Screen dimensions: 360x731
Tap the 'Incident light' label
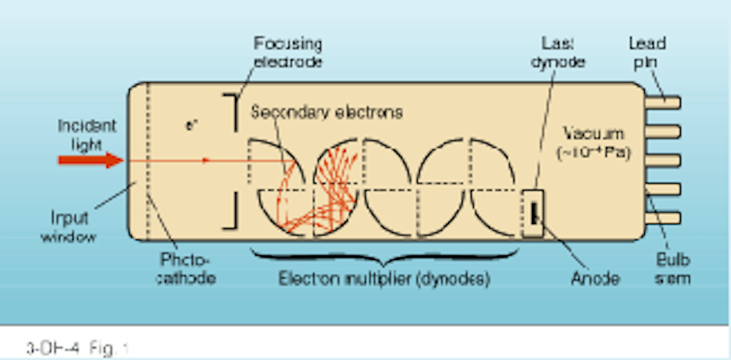point(87,135)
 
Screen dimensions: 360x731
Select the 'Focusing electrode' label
point(287,53)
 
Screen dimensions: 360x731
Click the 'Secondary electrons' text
point(326,112)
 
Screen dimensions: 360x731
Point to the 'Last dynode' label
point(562,53)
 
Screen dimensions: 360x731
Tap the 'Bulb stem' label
point(672,269)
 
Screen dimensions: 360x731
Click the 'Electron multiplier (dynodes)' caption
point(384,279)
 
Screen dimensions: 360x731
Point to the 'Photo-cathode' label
point(185,269)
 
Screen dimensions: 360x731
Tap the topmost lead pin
point(662,103)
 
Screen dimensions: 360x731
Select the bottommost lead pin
point(662,218)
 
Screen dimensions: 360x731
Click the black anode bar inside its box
point(534,213)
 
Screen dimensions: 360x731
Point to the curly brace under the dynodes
point(384,257)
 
